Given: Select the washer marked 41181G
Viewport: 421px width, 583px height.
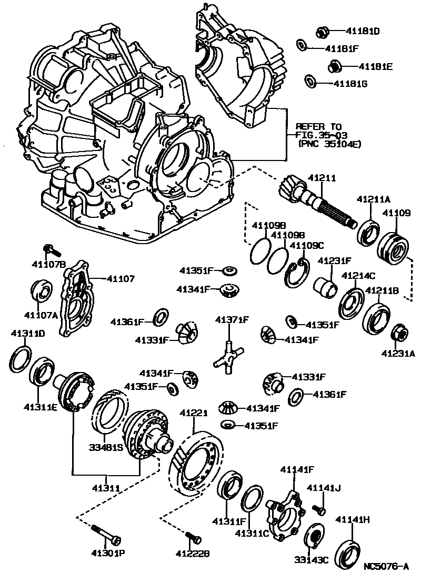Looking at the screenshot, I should pos(310,82).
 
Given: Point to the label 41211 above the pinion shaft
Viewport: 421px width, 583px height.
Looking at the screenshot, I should pos(321,179).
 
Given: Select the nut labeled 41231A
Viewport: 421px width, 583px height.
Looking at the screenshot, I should pos(399,332).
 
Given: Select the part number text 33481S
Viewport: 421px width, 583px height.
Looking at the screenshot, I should pos(105,449).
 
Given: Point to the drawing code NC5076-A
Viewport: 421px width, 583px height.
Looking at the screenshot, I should pos(386,567).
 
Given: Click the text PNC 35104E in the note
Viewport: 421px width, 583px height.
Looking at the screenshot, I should pos(329,143).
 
